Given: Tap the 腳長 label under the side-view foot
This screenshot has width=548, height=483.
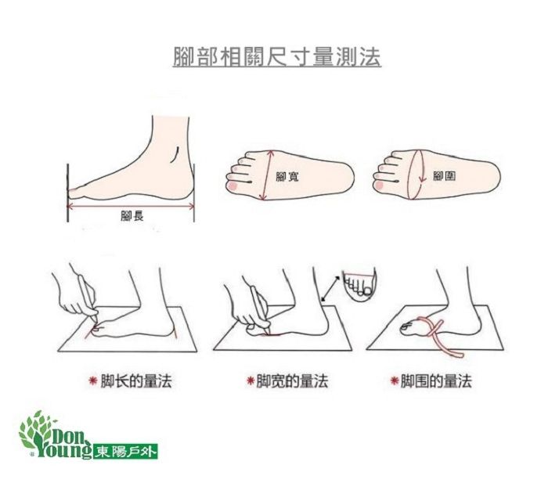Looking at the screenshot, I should tap(132, 215).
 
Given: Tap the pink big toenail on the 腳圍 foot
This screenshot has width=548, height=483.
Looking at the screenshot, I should tap(380, 186).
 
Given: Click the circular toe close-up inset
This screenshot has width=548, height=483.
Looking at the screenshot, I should tap(361, 286).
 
